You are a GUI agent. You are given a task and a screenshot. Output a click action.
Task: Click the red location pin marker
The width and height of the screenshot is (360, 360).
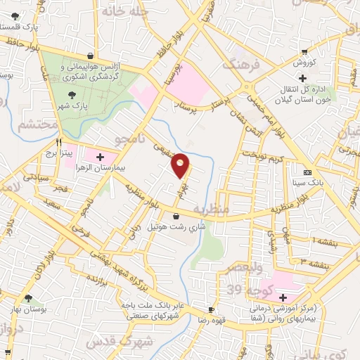pyautogui.click(x=181, y=165)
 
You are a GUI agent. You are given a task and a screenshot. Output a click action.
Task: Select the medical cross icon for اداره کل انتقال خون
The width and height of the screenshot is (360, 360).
pyautogui.click(x=303, y=78)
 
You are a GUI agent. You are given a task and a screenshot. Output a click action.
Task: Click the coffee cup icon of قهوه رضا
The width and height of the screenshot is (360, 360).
pyautogui.click(x=210, y=309)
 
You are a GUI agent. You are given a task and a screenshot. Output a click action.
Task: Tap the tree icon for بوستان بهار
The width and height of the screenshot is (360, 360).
pyautogui.click(x=28, y=298)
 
